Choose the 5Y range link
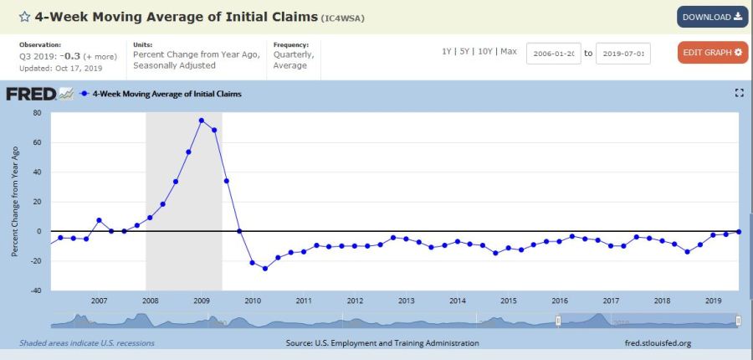[x=465, y=52]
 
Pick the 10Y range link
[x=484, y=52]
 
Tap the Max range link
[x=509, y=52]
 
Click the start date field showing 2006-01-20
[x=553, y=53]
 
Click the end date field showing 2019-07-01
[x=623, y=53]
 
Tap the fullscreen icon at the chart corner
[x=739, y=93]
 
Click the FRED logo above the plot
[x=39, y=94]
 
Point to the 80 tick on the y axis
[x=37, y=113]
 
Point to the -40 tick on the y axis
[x=35, y=291]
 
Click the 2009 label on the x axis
[x=202, y=301]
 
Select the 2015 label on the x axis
[x=509, y=301]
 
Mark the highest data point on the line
[x=202, y=121]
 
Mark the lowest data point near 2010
[x=265, y=268]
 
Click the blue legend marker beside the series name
[x=85, y=94]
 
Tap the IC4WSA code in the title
[x=343, y=18]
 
